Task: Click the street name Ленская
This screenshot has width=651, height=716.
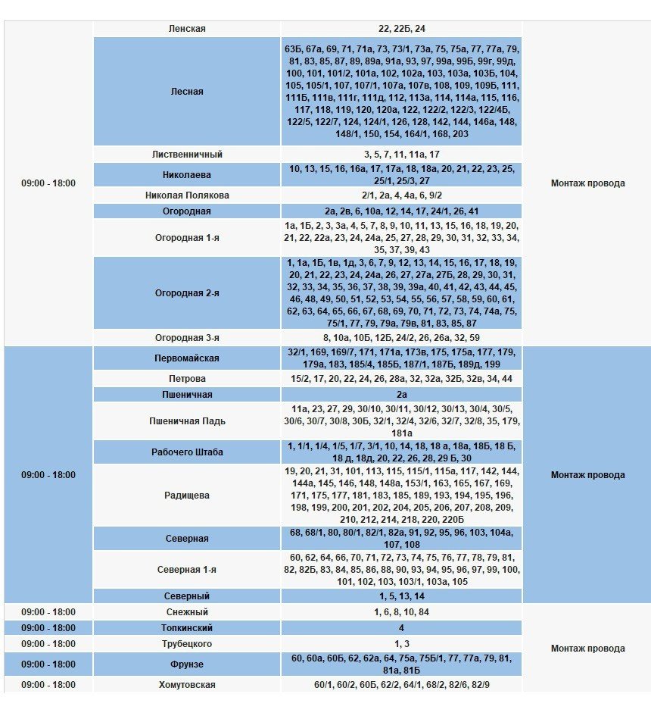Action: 187,29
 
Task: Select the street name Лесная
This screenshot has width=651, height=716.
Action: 187,92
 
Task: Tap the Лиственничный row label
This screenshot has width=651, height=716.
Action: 187,155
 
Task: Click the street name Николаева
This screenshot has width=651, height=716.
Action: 187,175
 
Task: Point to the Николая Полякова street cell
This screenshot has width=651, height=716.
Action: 187,195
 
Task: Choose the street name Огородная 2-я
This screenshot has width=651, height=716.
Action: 187,293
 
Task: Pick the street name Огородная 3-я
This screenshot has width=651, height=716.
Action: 187,338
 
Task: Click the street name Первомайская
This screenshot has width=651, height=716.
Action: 187,358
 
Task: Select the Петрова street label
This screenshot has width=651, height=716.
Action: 187,379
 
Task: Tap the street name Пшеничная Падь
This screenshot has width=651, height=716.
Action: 187,421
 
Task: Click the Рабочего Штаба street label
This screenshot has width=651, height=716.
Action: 187,452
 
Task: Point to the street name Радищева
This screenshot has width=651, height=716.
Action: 187,496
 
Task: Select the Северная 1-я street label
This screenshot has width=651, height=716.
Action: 187,570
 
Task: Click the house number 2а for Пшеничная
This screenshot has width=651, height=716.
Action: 401,395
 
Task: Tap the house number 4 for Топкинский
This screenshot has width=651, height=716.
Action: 401,628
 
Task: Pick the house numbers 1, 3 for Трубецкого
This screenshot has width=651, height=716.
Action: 401,644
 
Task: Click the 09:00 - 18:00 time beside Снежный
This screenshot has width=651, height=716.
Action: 48,612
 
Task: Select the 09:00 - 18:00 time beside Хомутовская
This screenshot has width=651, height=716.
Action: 48,685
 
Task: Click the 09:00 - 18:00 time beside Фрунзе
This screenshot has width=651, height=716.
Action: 48,664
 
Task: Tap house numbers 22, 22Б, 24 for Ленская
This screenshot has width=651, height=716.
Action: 401,29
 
